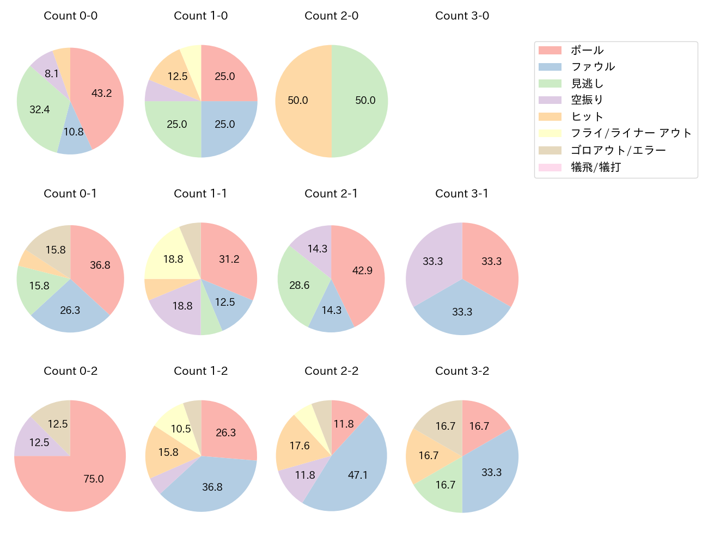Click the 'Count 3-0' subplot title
[x=462, y=16]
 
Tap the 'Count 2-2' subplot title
[x=331, y=371]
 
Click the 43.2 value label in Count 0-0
[x=101, y=93]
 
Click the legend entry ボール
[x=587, y=50]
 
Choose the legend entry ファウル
[x=593, y=66]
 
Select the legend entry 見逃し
[x=587, y=83]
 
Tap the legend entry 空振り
[x=587, y=100]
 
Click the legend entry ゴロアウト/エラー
[x=618, y=150]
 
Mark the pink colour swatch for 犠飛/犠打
[x=550, y=167]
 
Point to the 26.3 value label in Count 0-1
[x=70, y=310]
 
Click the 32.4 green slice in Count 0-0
[x=39, y=109]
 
